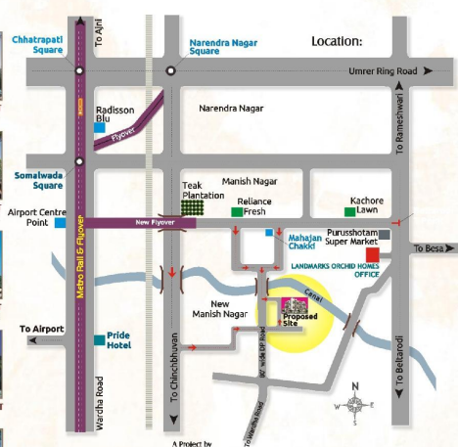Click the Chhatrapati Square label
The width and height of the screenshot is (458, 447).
[x=36, y=44]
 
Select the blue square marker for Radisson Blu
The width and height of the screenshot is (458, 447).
[x=99, y=127]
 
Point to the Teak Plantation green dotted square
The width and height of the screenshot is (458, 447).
[x=193, y=209]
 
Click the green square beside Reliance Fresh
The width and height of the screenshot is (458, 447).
[x=236, y=211]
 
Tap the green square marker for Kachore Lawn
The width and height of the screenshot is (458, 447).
[x=349, y=210]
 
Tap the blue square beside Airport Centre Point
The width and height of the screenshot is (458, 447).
[x=61, y=222]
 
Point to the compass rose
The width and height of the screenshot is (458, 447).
[x=355, y=403]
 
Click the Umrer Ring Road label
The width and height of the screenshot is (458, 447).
[x=383, y=71]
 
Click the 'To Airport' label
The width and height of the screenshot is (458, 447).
[x=40, y=329]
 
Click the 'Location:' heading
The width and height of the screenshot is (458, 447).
[x=337, y=41]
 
